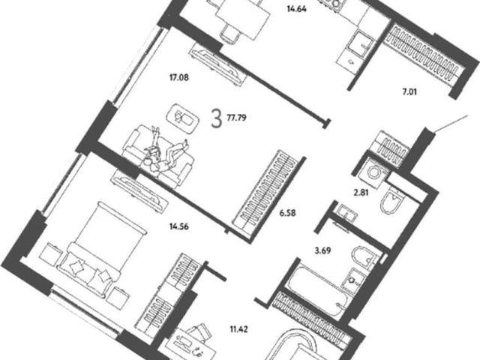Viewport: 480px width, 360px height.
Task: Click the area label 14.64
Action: [x=297, y=9]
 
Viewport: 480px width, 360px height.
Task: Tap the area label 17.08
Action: [x=179, y=77]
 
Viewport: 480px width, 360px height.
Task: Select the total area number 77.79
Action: [x=237, y=118]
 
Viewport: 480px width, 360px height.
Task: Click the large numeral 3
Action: [x=216, y=119]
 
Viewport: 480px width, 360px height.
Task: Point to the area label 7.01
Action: [x=409, y=91]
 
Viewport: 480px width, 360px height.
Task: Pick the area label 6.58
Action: [x=287, y=212]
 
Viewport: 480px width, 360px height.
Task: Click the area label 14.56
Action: [x=179, y=226]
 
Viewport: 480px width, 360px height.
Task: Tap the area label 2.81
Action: [x=361, y=193]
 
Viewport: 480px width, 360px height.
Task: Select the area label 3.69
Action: [x=322, y=250]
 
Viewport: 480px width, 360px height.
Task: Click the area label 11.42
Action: [x=238, y=329]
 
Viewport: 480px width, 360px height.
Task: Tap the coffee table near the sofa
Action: [x=182, y=118]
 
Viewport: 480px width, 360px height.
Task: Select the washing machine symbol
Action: [x=373, y=172]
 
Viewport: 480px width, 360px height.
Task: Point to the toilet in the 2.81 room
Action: [x=391, y=200]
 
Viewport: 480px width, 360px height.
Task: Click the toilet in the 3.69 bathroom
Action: [x=366, y=258]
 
